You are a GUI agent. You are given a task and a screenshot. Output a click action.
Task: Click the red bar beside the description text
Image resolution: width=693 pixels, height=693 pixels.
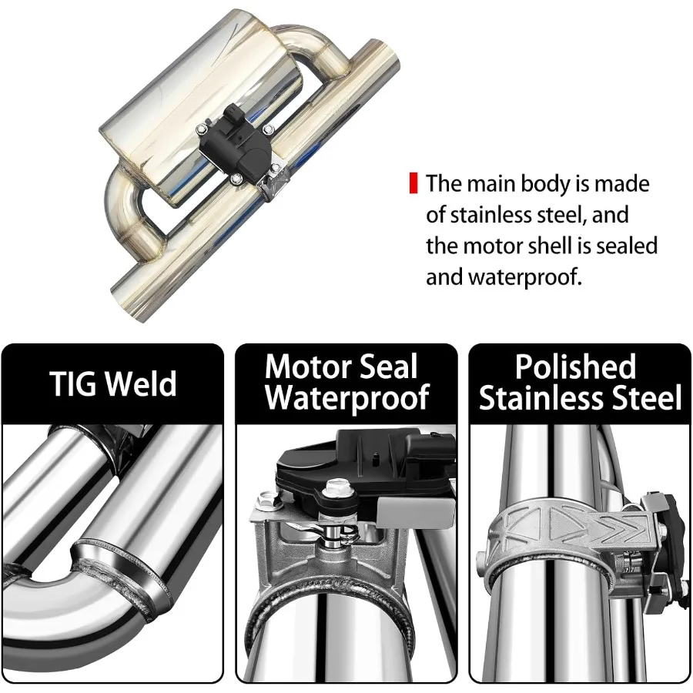coord(413,183)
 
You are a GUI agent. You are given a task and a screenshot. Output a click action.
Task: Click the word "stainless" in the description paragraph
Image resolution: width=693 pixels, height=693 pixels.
coord(494,215)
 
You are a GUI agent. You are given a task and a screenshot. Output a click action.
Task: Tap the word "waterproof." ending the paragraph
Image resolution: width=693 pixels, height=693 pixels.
coord(524,277)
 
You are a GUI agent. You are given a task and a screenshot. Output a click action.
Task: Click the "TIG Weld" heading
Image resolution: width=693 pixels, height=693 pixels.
coord(113,383)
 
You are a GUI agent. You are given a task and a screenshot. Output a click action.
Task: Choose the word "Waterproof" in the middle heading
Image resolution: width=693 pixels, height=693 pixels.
coord(347,397)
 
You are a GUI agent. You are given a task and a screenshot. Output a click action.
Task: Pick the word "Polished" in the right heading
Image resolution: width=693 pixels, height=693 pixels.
coord(575,367)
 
